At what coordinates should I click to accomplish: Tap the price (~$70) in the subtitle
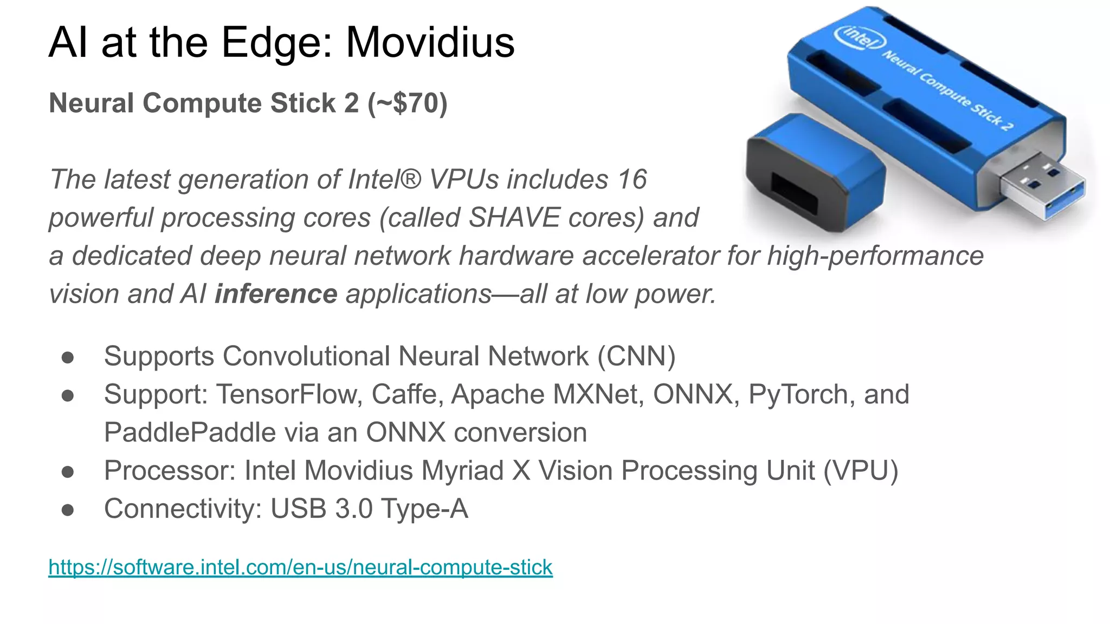coord(408,103)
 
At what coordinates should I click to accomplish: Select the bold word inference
coord(276,294)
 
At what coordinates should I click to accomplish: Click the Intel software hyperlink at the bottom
coord(300,567)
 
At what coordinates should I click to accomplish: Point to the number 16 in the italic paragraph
coord(632,179)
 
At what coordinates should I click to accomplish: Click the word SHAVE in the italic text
coord(514,218)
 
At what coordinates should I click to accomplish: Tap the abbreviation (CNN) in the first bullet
coord(637,356)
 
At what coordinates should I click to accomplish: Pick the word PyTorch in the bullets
coord(798,394)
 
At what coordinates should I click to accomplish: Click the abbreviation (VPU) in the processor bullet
coord(861,471)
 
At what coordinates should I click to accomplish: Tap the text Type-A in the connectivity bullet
coord(424,509)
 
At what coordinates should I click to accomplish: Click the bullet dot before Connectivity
coord(68,510)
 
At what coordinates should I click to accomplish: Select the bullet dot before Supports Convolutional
coord(68,357)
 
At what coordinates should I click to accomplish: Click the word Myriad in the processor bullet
coord(462,471)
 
